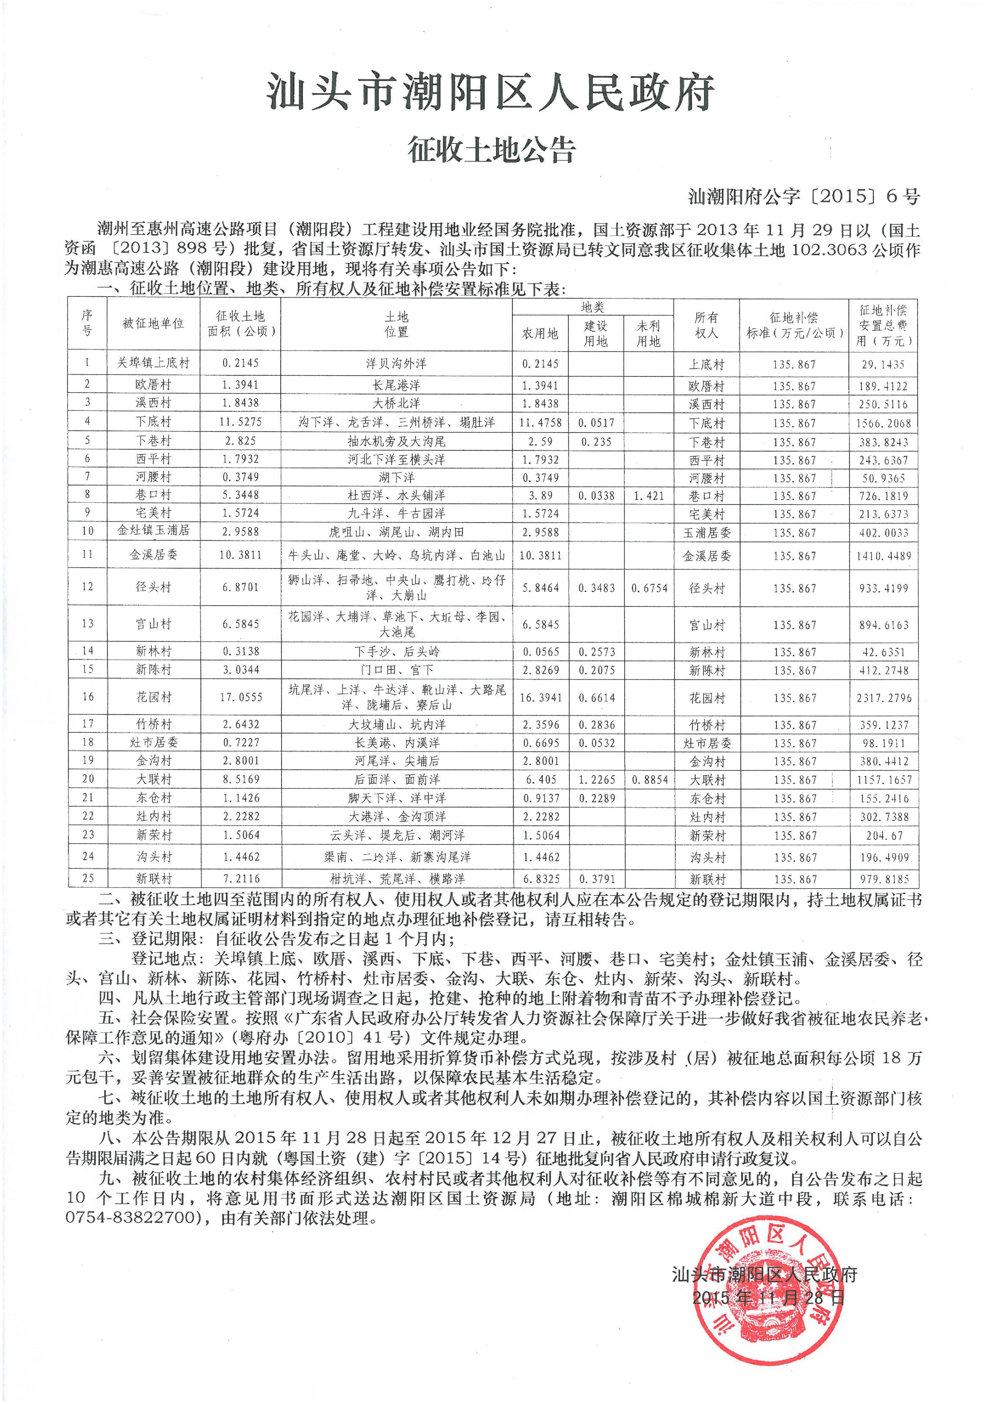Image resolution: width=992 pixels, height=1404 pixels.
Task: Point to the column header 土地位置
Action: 396,324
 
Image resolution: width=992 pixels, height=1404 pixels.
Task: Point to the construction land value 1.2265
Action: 596,780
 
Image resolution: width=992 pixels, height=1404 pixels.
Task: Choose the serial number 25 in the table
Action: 87,878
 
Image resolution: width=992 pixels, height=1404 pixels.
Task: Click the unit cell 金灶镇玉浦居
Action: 153,531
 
